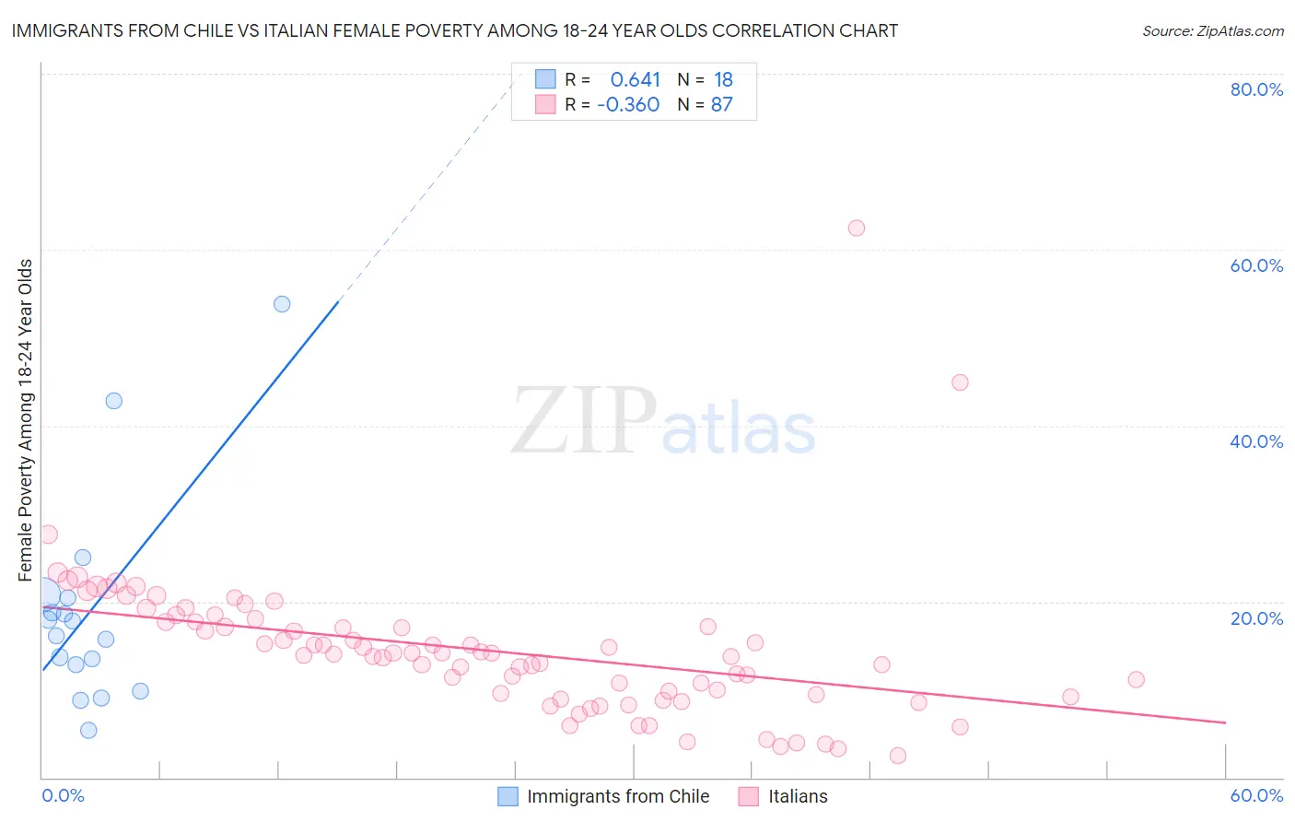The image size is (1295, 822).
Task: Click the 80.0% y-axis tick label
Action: (x=1256, y=89)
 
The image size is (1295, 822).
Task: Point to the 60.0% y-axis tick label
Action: (x=1256, y=265)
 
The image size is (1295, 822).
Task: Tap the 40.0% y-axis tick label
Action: (x=1256, y=441)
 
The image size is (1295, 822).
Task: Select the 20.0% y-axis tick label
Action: (x=1256, y=617)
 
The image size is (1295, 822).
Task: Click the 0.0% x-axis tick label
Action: (x=63, y=795)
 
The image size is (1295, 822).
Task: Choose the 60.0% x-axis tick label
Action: (x=1256, y=795)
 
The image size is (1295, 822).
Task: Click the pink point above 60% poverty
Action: (x=857, y=228)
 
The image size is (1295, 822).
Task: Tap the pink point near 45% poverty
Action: (x=960, y=382)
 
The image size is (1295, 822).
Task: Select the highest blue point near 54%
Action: (x=282, y=304)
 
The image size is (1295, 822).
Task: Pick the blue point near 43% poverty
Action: (x=113, y=401)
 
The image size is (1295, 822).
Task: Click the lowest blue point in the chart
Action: (x=88, y=731)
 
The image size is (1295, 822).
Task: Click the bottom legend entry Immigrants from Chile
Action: (x=617, y=796)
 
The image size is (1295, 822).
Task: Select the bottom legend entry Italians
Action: (x=798, y=796)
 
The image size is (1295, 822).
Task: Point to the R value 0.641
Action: (x=636, y=80)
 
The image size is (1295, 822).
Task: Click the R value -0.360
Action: (x=628, y=105)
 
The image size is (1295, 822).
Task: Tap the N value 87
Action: (x=721, y=105)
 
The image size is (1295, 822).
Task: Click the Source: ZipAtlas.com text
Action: (x=1212, y=31)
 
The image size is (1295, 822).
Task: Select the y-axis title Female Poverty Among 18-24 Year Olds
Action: (x=26, y=420)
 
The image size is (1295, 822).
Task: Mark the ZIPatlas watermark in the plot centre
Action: (x=663, y=422)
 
